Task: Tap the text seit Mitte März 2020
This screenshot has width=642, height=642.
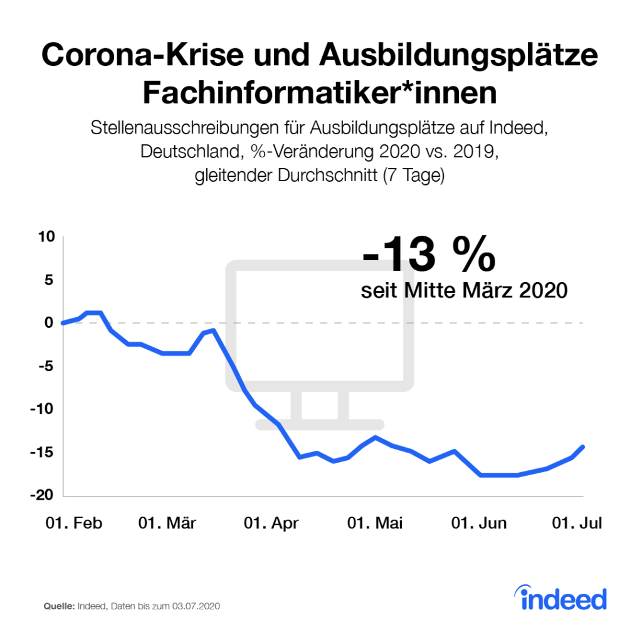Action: (465, 291)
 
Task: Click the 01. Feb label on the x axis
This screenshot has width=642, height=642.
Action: (73, 524)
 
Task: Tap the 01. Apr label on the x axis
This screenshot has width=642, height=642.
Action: (270, 524)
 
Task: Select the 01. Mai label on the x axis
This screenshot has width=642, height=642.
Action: (375, 524)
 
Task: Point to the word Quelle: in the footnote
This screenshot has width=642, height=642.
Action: (59, 607)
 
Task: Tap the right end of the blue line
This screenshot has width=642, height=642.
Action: (583, 446)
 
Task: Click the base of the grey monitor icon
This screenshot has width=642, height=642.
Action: (320, 424)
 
